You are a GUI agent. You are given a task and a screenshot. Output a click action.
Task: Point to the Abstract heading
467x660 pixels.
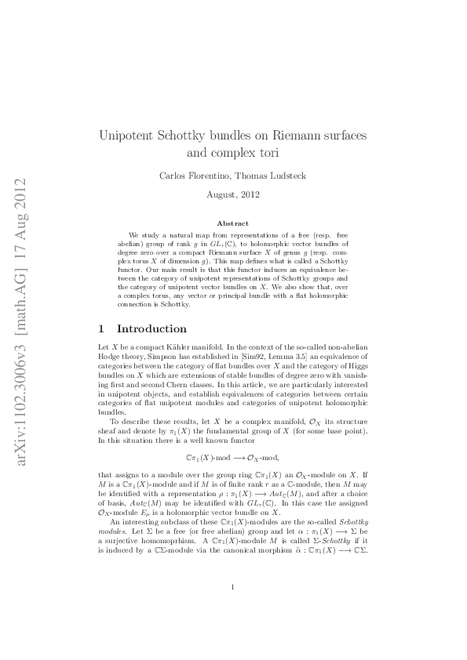[232, 223]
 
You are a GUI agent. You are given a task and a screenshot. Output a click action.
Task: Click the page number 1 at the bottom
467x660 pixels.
[233, 609]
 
